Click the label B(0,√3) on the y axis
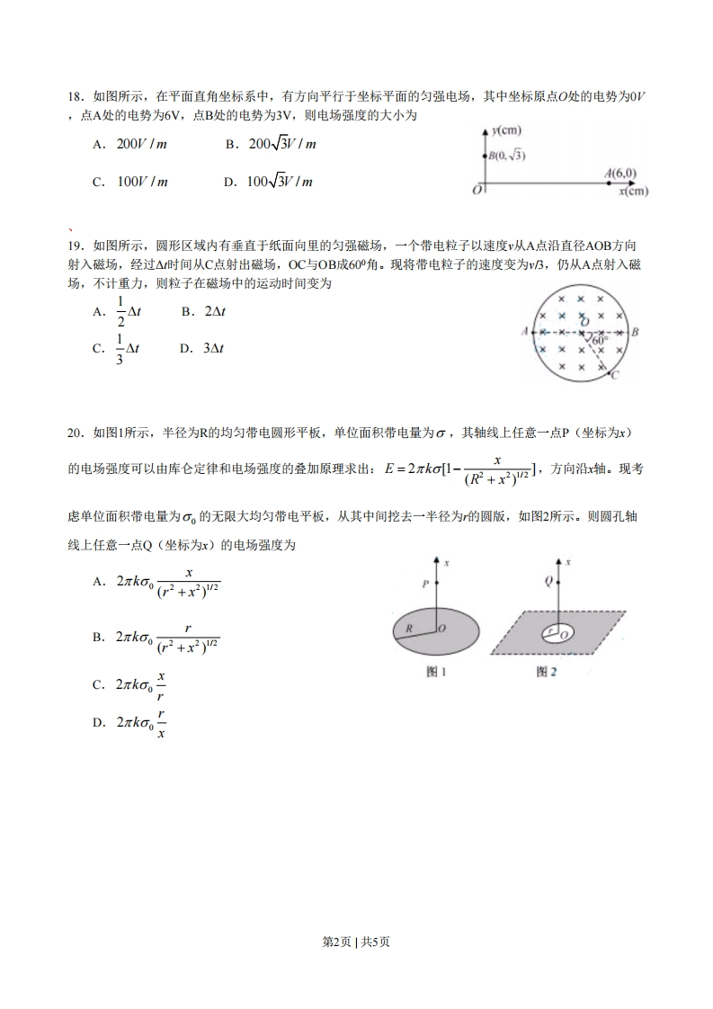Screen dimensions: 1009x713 tap(507, 156)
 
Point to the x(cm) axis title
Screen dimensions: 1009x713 tap(633, 191)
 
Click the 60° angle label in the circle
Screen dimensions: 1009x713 tap(601, 340)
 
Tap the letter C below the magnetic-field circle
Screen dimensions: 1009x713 tap(613, 376)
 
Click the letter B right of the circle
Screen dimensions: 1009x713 tap(635, 332)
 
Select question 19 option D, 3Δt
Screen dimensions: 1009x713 tap(201, 348)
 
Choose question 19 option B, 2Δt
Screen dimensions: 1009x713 tap(203, 311)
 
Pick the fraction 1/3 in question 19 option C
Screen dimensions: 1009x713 tap(120, 348)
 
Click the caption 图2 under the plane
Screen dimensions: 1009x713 tap(547, 671)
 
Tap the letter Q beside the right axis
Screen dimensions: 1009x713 tap(548, 582)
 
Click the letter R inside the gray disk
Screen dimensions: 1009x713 tap(408, 629)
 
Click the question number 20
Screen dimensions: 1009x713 tap(75, 433)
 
